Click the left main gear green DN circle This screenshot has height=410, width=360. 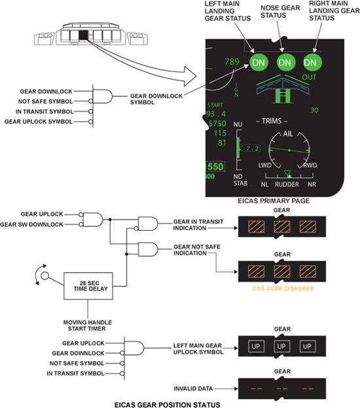(259, 63)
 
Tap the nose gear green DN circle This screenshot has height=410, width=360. (285, 63)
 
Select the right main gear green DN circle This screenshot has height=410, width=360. (312, 63)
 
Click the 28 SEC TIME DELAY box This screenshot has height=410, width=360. (88, 286)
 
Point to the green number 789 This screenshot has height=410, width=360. (232, 61)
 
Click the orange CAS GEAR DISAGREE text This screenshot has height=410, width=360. (283, 288)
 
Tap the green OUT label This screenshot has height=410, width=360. (309, 77)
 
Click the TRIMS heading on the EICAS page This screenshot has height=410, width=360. (272, 121)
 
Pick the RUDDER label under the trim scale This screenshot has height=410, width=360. (287, 184)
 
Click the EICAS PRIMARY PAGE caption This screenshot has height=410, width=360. (274, 201)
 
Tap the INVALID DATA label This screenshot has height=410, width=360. (193, 388)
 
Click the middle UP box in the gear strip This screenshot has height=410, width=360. (281, 347)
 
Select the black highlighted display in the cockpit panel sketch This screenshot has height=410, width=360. (84, 35)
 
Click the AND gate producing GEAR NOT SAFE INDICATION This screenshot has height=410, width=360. (148, 249)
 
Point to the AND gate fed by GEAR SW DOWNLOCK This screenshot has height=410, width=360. (93, 219)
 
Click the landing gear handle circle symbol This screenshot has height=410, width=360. (45, 275)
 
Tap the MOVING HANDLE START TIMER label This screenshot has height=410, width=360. (88, 326)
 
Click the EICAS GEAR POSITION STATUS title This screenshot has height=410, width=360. (168, 405)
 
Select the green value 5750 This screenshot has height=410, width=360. (217, 124)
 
